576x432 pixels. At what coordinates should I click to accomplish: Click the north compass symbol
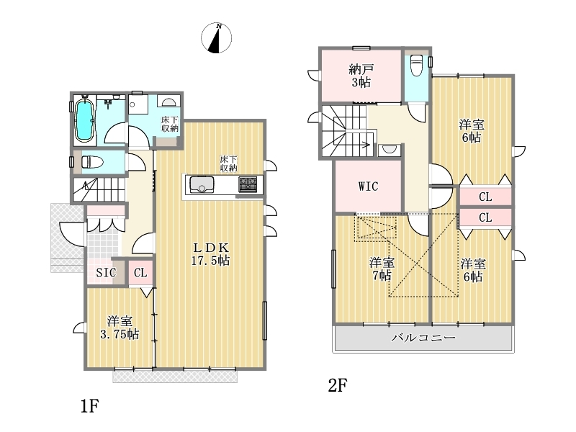point(217,38)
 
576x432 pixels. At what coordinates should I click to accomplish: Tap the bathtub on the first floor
point(84,120)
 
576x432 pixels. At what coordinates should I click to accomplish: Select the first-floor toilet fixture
point(93,161)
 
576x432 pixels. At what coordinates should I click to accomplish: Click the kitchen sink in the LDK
point(202,185)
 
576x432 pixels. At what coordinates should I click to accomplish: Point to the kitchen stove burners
point(248,184)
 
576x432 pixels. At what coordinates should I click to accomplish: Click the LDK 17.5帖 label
point(210,254)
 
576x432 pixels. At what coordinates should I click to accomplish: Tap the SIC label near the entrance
point(106,272)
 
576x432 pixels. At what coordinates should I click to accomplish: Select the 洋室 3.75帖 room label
point(120,328)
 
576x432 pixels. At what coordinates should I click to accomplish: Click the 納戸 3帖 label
point(361,76)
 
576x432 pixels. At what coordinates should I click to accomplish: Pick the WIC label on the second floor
point(368,186)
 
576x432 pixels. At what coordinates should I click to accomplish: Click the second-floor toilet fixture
point(417,65)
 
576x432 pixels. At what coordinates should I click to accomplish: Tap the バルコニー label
point(423,337)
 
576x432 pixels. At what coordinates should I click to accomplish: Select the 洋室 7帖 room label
point(382,269)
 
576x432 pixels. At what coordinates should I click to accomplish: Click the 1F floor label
point(89,406)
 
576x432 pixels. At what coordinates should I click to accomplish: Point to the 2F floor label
point(337,385)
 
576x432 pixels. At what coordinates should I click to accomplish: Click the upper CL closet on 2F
point(485,197)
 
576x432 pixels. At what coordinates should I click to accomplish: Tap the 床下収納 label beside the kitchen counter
point(228,164)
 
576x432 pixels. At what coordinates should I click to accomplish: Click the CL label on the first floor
point(140,273)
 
